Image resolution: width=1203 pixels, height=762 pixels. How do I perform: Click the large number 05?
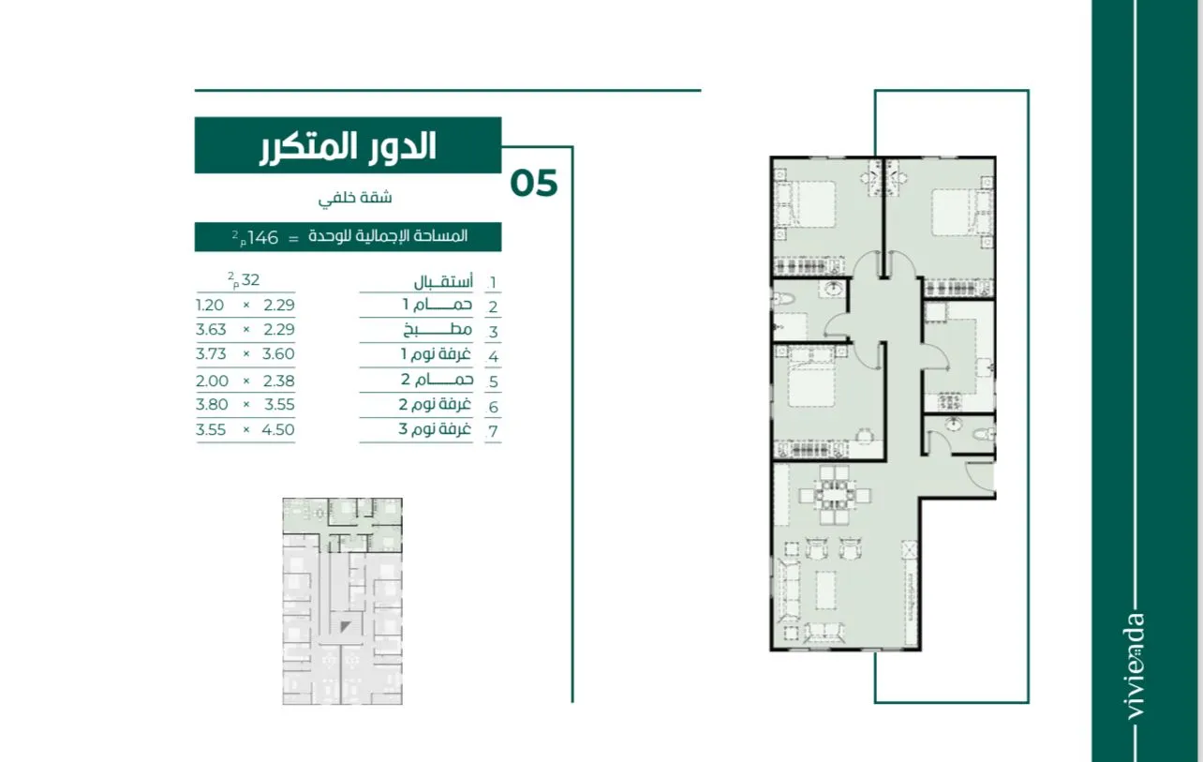click(534, 184)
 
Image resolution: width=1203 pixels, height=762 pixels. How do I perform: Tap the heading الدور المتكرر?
click(348, 146)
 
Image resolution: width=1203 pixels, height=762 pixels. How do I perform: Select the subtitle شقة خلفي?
click(355, 198)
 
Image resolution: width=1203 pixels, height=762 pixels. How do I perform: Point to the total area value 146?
click(262, 237)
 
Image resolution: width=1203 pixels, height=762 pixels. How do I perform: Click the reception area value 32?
click(250, 279)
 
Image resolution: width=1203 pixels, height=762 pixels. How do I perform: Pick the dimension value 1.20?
click(210, 306)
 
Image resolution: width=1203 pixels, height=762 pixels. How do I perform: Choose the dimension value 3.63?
click(211, 329)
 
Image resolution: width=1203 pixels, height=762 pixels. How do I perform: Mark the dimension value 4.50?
click(278, 430)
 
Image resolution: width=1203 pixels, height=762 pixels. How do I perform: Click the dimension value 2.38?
click(278, 381)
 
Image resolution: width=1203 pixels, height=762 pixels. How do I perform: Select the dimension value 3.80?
click(212, 404)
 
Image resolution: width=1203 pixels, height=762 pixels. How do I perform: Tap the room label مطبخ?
click(438, 329)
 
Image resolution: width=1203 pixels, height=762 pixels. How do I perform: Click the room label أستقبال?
click(443, 281)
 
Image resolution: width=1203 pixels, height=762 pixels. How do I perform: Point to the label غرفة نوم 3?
click(435, 429)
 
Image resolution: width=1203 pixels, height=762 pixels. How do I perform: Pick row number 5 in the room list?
click(493, 382)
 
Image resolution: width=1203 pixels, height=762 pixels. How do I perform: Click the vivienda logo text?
click(1135, 666)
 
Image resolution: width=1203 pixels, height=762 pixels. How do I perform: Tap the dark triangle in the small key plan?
click(345, 626)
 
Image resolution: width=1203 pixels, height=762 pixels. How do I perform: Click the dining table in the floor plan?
click(835, 494)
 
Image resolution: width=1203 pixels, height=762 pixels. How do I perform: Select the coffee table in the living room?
click(826, 590)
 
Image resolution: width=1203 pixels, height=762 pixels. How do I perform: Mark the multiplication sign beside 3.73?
click(246, 353)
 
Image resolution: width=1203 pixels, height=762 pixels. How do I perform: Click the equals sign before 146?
click(293, 239)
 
